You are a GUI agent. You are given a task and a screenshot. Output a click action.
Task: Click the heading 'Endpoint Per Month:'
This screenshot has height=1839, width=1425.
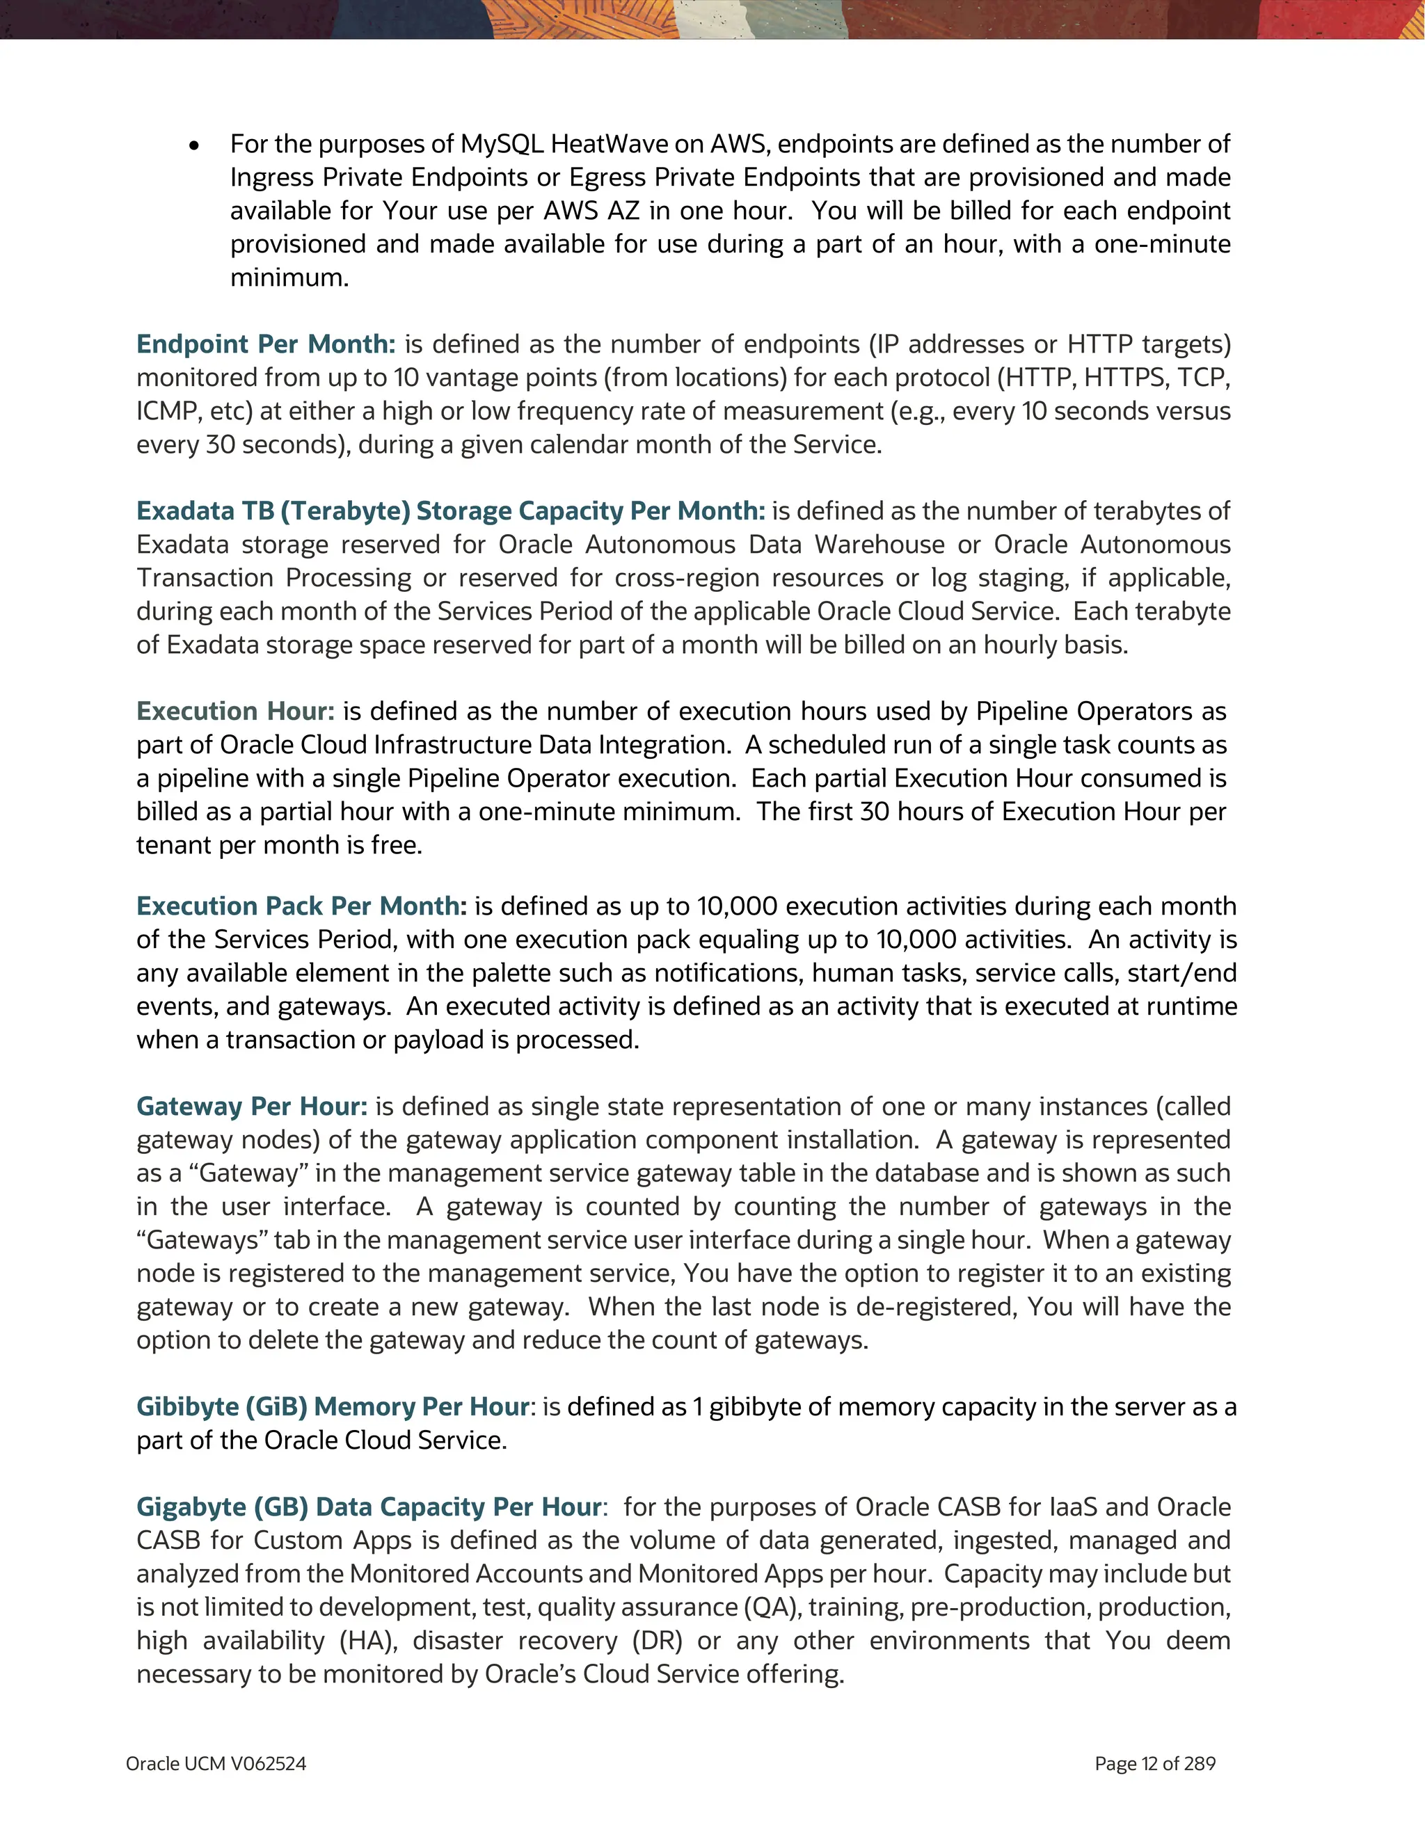tap(265, 344)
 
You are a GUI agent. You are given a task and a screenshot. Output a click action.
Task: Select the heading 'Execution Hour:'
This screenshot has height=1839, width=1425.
tap(235, 712)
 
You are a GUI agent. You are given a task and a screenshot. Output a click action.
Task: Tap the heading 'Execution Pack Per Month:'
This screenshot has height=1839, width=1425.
tap(301, 906)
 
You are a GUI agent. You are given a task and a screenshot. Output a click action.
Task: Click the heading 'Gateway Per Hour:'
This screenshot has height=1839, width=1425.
tap(252, 1107)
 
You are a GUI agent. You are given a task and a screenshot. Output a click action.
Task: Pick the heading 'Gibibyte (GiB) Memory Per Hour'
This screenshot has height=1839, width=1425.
tap(333, 1407)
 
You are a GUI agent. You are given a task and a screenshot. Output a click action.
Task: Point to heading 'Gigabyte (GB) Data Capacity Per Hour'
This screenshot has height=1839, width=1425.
tap(369, 1507)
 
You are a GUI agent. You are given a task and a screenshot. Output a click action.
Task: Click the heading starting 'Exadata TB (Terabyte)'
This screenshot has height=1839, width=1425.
tap(451, 511)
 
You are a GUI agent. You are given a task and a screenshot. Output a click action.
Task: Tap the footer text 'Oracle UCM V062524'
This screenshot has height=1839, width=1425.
tap(216, 1764)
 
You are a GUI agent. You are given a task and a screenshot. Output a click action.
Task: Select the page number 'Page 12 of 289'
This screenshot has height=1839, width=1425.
tap(1154, 1764)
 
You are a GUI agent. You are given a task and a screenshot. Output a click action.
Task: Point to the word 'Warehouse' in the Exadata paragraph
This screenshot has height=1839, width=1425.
tap(879, 545)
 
